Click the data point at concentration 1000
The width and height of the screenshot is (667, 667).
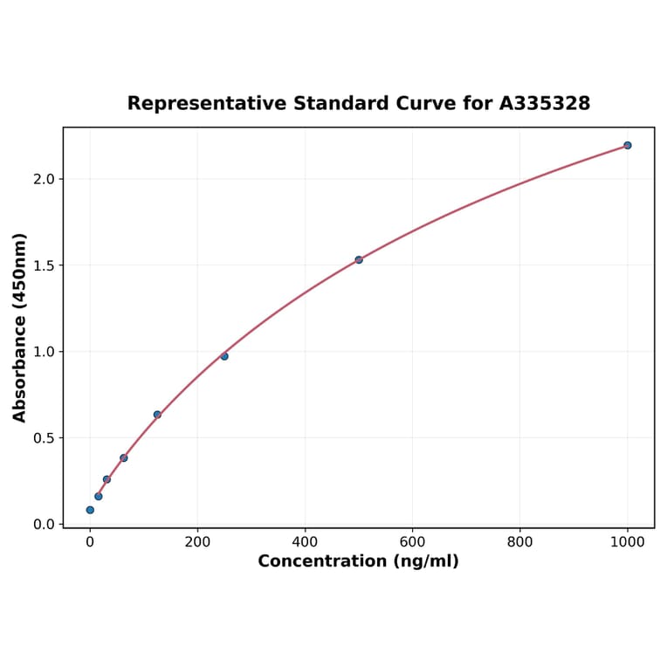[x=627, y=145]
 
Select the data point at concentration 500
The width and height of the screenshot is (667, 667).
[x=359, y=259]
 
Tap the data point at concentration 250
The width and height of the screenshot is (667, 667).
[x=224, y=356]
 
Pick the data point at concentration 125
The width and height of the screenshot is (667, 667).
[x=157, y=415]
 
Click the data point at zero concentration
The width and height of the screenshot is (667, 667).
[x=90, y=510]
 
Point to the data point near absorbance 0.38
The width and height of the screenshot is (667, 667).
[x=124, y=457]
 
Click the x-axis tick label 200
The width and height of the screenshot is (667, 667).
[x=197, y=542]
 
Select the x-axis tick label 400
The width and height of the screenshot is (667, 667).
[x=305, y=542]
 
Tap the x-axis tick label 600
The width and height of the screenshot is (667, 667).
[x=412, y=542]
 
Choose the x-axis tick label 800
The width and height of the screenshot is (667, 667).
[x=519, y=542]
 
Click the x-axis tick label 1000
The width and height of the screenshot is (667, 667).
[x=627, y=542]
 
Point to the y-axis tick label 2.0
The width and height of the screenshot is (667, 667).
[x=44, y=179]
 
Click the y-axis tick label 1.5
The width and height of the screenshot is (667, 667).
[x=44, y=265]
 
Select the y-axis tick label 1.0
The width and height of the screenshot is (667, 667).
[x=44, y=352]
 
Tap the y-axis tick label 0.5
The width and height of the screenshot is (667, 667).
[x=44, y=437]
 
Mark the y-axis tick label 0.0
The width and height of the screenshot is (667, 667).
[x=44, y=524]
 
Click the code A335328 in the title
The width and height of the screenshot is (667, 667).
[x=545, y=103]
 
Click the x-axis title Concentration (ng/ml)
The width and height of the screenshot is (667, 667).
[x=358, y=561]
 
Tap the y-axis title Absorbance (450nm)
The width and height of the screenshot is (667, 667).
[x=19, y=327]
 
